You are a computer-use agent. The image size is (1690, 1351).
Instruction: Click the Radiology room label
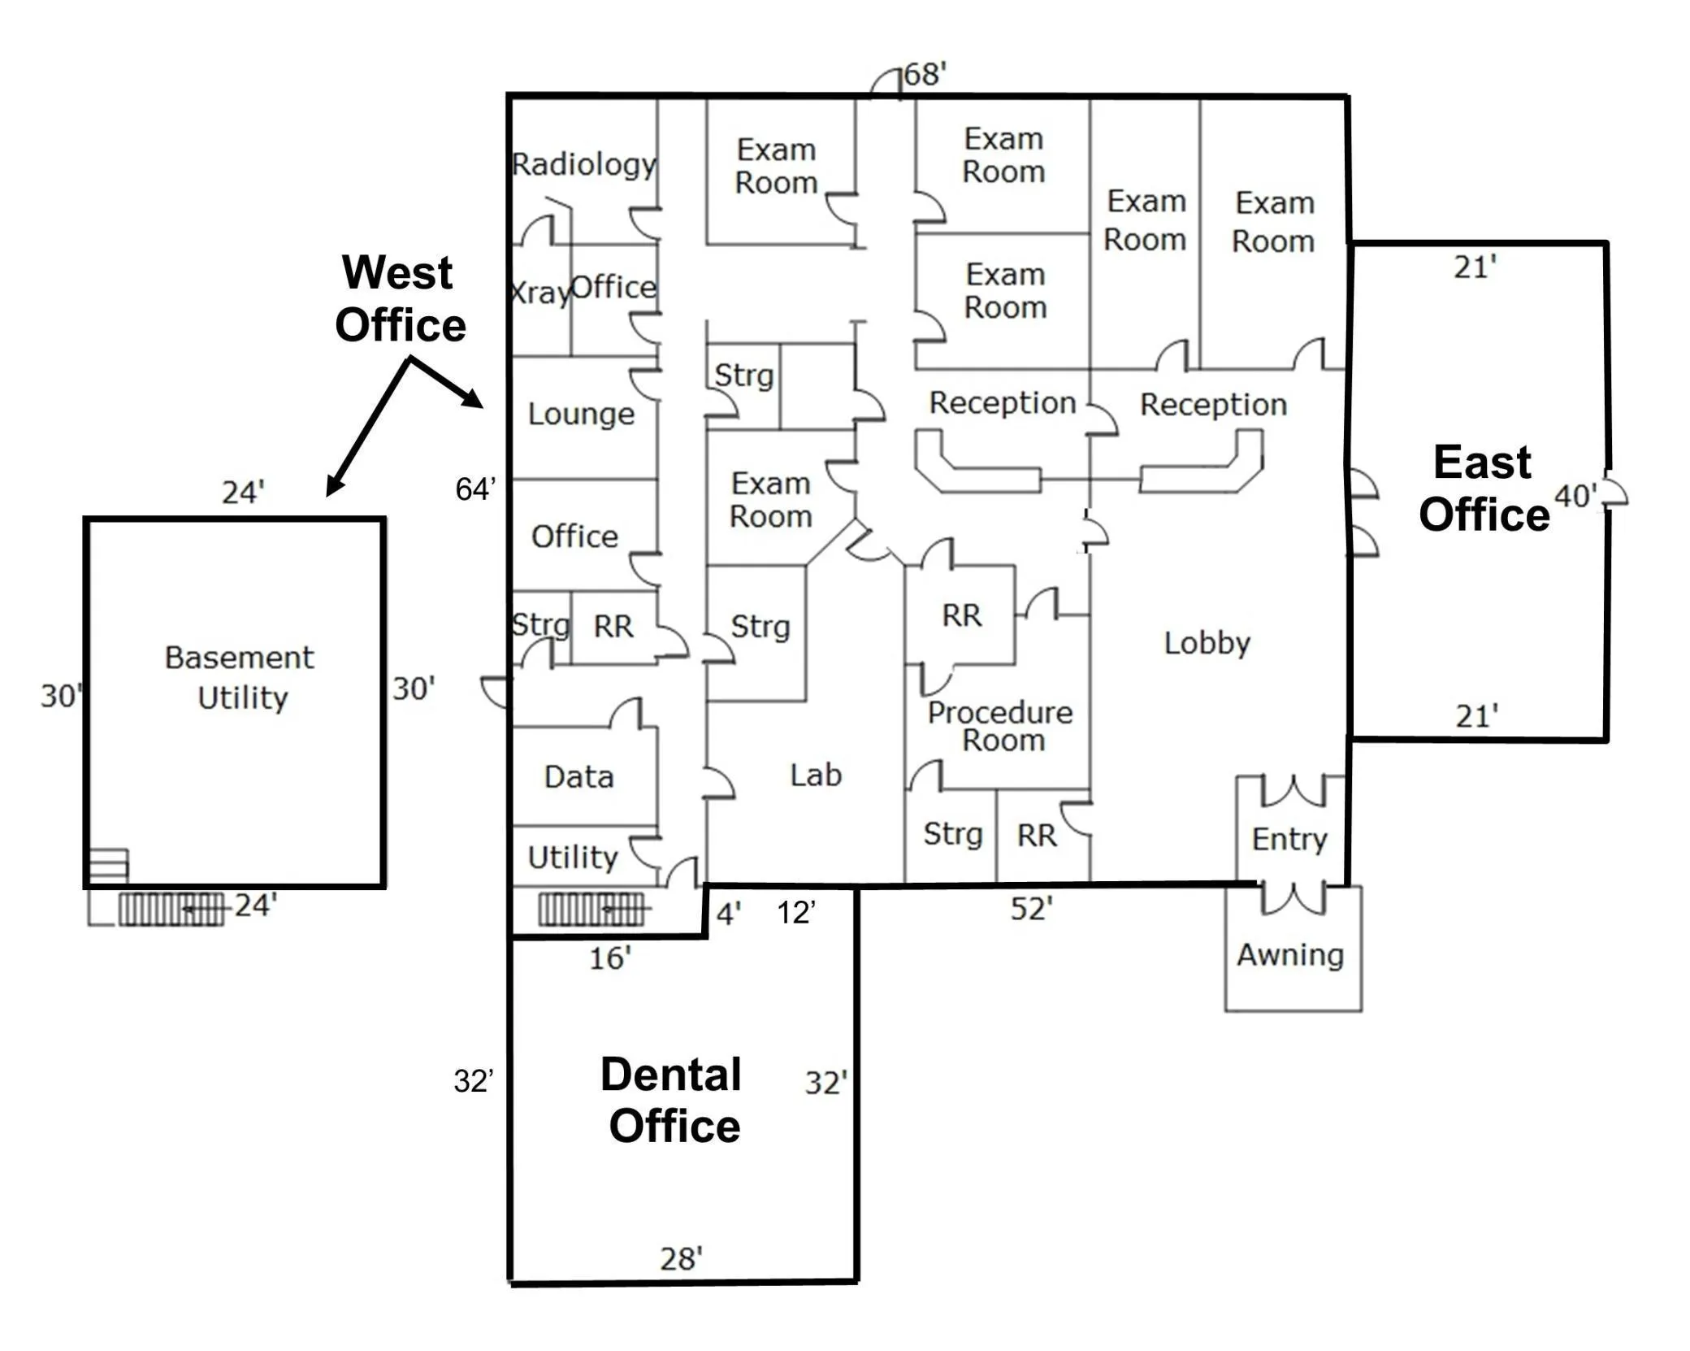coord(584,165)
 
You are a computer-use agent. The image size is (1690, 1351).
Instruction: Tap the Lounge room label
coord(581,415)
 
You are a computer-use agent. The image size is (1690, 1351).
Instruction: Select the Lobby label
coord(1207,644)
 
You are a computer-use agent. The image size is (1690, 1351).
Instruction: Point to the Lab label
coord(816,775)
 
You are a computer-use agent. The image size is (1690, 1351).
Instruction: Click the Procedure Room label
coord(1001,726)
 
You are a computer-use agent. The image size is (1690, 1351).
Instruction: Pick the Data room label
coord(578,777)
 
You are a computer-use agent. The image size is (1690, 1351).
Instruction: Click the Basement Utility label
coord(240,678)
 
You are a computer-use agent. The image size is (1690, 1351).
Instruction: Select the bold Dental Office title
coord(673,1101)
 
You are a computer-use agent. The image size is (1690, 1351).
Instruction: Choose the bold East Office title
coord(1484,489)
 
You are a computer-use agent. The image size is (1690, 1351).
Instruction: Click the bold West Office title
coord(400,298)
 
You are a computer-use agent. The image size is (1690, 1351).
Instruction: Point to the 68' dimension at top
coord(925,75)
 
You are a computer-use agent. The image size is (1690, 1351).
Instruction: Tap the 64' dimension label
coord(475,489)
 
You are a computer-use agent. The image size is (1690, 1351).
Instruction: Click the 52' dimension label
coord(1032,909)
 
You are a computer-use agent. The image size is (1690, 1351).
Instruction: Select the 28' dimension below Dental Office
coord(681,1259)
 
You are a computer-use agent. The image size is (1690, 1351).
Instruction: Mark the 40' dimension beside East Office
coord(1575,496)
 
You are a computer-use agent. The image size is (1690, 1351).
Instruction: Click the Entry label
coord(1289,839)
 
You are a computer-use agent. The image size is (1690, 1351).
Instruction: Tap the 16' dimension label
coord(610,959)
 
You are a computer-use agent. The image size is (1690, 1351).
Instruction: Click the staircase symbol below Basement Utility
coord(171,909)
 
